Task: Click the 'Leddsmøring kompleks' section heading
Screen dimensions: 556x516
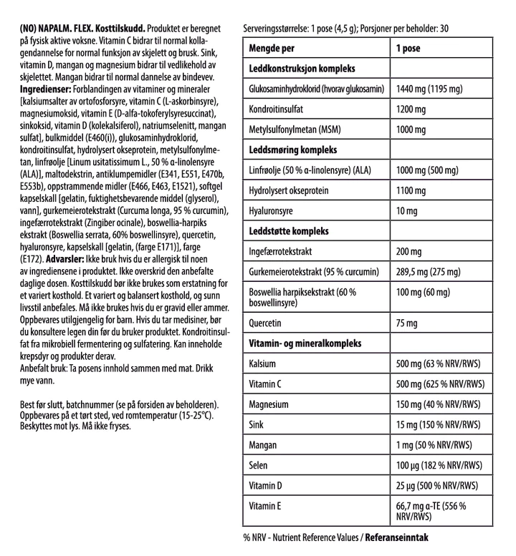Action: [292, 151]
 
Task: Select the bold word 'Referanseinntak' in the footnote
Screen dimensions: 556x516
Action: [398, 535]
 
